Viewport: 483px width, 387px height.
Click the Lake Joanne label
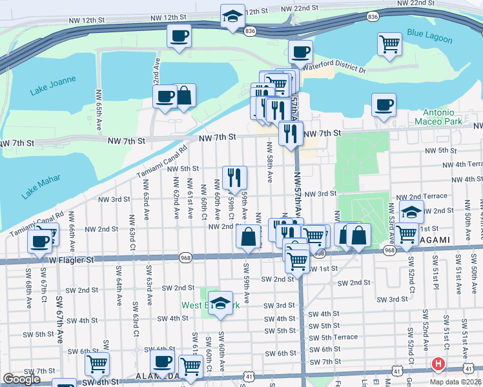53,86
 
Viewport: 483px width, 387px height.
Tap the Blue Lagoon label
429,37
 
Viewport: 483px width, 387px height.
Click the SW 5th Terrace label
333,337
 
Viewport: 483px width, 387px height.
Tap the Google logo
21,379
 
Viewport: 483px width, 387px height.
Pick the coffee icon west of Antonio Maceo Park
384,104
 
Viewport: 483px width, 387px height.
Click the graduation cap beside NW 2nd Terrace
410,211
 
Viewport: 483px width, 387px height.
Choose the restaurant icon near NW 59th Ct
234,176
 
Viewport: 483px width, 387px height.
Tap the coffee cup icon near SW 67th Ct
40,241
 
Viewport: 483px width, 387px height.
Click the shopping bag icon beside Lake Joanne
184,95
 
